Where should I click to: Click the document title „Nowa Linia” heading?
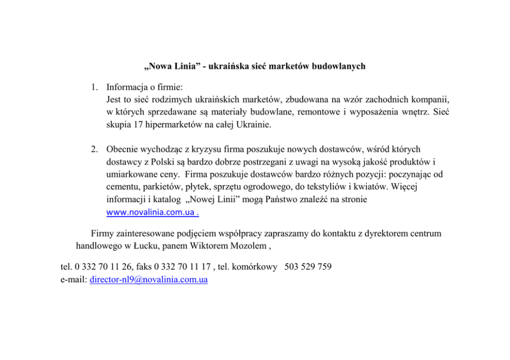click(x=254, y=66)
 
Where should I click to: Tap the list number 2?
click(x=95, y=150)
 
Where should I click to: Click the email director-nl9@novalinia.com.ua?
click(x=149, y=280)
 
